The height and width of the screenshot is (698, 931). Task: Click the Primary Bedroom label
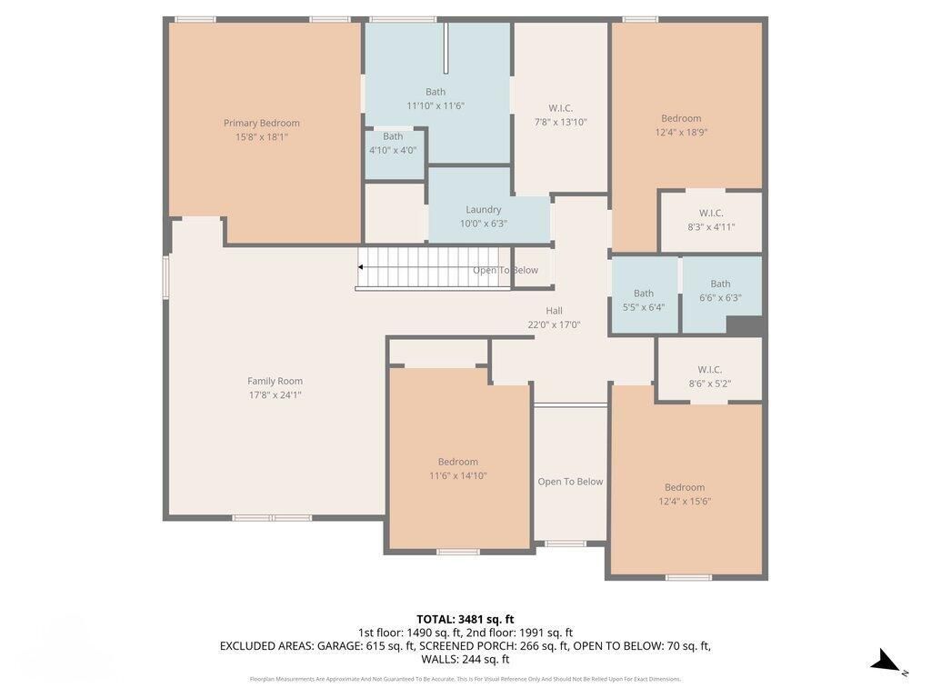261,124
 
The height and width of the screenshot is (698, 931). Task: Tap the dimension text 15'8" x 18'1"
261,137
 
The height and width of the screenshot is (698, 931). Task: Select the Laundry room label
483,210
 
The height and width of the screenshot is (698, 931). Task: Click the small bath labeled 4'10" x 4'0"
393,144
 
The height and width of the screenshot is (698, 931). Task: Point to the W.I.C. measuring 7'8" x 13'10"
561,115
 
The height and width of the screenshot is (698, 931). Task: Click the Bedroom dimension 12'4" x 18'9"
681,132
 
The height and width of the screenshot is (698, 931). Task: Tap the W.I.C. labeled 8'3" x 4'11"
711,220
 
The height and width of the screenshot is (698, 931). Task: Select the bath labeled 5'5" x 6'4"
644,300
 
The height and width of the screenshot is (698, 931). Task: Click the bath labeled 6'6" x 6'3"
720,291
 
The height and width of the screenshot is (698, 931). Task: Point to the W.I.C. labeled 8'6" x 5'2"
709,376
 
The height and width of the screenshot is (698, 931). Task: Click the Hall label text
554,311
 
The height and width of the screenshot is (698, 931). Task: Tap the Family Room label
275,382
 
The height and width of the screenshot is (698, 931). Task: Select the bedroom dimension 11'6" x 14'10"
457,475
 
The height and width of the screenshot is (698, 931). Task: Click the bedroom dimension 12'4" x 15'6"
685,501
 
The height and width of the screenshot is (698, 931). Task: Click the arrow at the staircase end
361,267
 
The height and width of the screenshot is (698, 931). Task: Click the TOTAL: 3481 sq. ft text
465,619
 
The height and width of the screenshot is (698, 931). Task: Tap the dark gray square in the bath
745,326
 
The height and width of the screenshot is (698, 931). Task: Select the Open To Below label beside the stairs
505,270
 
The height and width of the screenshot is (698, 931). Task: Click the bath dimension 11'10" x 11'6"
435,105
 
